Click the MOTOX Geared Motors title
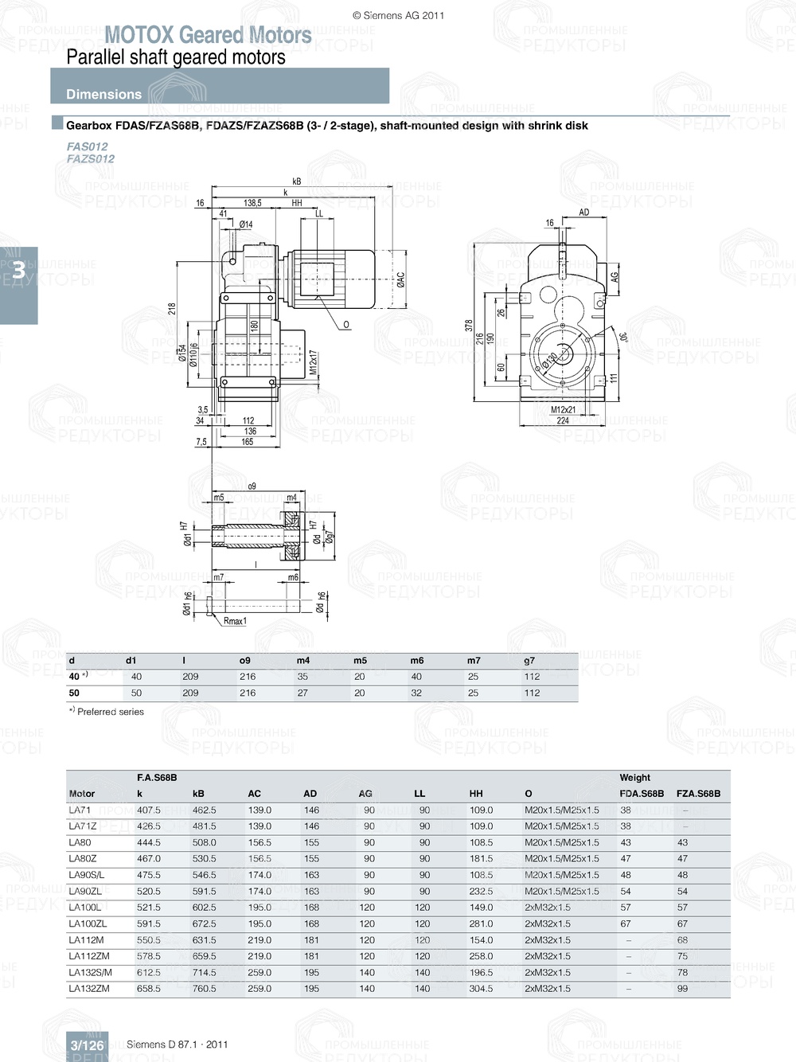tap(208, 35)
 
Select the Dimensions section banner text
tap(103, 94)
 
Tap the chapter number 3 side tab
tap(18, 271)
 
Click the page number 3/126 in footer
tap(87, 1045)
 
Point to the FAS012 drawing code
tap(87, 146)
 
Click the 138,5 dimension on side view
tap(252, 203)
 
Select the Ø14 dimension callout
tap(246, 225)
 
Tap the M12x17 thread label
tap(313, 362)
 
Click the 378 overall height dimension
tap(469, 325)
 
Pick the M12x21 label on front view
tap(563, 410)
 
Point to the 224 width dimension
tap(563, 420)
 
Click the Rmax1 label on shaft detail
tap(235, 621)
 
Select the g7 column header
tap(529, 660)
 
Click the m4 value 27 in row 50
tap(302, 693)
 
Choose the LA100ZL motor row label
tap(88, 923)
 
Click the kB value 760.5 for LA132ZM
tap(204, 988)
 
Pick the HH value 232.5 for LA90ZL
tap(481, 891)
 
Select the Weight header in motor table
tap(634, 777)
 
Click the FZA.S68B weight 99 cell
tap(682, 988)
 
